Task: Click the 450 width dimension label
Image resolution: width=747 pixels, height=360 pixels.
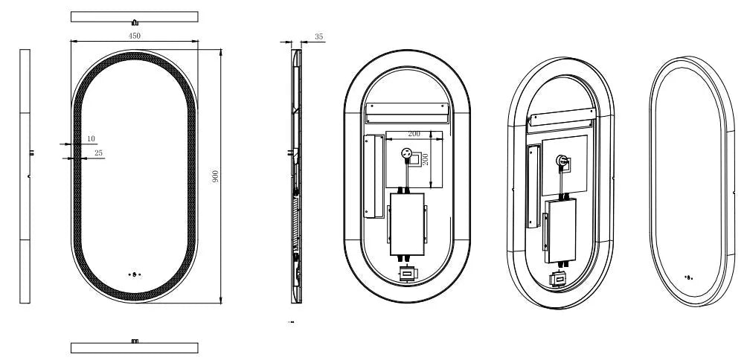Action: pos(135,36)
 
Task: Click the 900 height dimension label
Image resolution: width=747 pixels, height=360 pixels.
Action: pos(215,176)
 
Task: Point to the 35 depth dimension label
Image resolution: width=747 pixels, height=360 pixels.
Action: pos(318,36)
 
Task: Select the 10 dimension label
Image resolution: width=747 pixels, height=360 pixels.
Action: pos(91,138)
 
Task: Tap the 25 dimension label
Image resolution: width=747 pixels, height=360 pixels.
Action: pos(99,153)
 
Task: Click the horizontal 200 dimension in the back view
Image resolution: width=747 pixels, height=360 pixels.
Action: pos(414,134)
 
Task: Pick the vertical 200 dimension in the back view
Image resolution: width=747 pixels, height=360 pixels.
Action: pos(426,159)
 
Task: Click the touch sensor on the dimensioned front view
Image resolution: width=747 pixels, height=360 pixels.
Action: pos(135,274)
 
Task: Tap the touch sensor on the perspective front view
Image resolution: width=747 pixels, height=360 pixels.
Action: pos(688,277)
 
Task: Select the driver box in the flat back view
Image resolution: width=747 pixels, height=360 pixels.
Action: pos(407,224)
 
